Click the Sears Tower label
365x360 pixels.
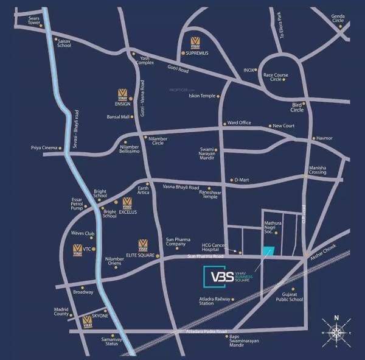(29, 21)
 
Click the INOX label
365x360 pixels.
(248, 70)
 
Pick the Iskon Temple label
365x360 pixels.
(203, 96)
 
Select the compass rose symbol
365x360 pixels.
(336, 332)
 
